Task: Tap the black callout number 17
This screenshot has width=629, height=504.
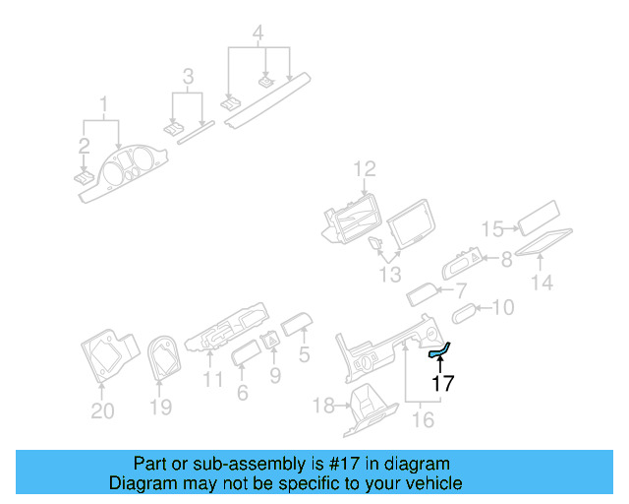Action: (x=443, y=384)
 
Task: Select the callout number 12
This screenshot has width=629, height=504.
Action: (x=365, y=168)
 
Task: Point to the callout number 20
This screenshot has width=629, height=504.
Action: (x=102, y=411)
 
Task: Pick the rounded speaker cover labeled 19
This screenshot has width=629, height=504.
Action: (x=164, y=357)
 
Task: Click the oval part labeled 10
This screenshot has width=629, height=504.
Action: (x=464, y=313)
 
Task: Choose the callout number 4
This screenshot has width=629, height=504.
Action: (x=257, y=32)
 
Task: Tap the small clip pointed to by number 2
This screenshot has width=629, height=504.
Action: (x=84, y=178)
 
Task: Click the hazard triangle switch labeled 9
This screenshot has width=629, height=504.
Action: (x=271, y=342)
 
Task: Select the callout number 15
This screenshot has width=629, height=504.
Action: (x=492, y=228)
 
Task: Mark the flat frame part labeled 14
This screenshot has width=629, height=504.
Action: (x=543, y=242)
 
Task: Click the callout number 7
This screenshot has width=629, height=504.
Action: (x=461, y=290)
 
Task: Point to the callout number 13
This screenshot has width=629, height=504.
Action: (x=390, y=275)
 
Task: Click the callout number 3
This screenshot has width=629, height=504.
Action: (x=188, y=77)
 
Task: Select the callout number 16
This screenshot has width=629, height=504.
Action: (x=423, y=420)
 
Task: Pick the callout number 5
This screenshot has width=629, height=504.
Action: (x=304, y=355)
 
